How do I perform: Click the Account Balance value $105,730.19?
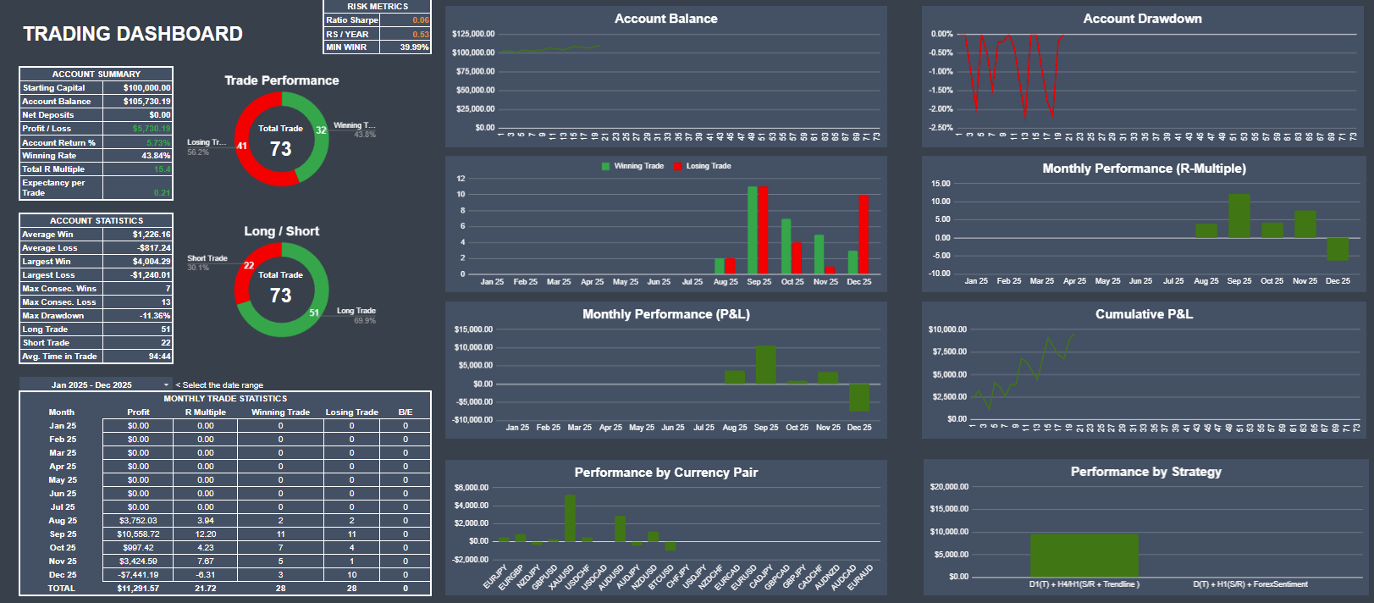(x=146, y=102)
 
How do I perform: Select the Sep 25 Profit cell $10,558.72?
(x=138, y=534)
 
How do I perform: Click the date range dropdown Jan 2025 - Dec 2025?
(x=96, y=384)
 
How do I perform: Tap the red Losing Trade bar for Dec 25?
(x=864, y=234)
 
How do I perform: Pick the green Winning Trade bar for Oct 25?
(x=786, y=246)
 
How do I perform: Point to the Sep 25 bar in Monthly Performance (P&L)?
(x=766, y=364)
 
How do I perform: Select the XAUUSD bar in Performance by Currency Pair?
(x=570, y=517)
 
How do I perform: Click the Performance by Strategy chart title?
(x=1145, y=472)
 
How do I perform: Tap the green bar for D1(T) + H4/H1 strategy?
(x=1084, y=555)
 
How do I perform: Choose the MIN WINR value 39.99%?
(x=414, y=47)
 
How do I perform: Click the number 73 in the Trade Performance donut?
(x=281, y=149)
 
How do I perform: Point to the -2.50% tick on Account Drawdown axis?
(x=941, y=128)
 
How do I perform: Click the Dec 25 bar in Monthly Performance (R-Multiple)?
(x=1338, y=249)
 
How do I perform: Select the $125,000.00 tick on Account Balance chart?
(x=473, y=34)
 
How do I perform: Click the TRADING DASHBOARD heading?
(x=133, y=34)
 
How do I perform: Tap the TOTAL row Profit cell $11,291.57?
(x=138, y=589)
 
